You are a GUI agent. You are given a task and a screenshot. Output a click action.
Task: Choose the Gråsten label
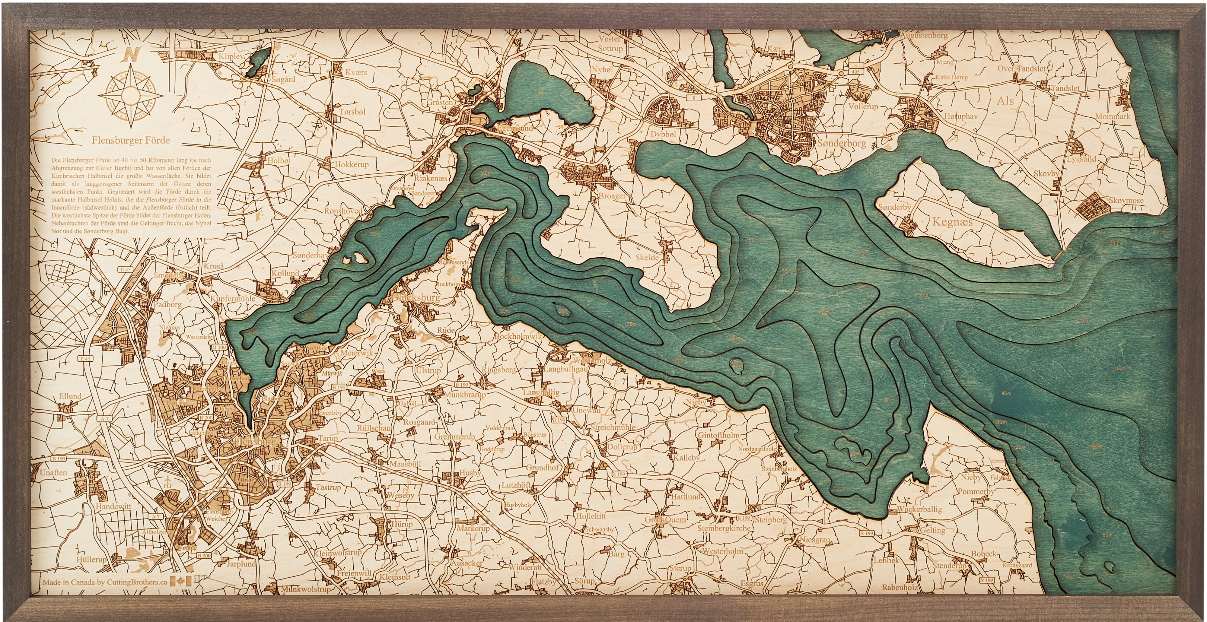(x=440, y=102)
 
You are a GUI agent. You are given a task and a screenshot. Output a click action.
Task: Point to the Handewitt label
(x=113, y=506)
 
